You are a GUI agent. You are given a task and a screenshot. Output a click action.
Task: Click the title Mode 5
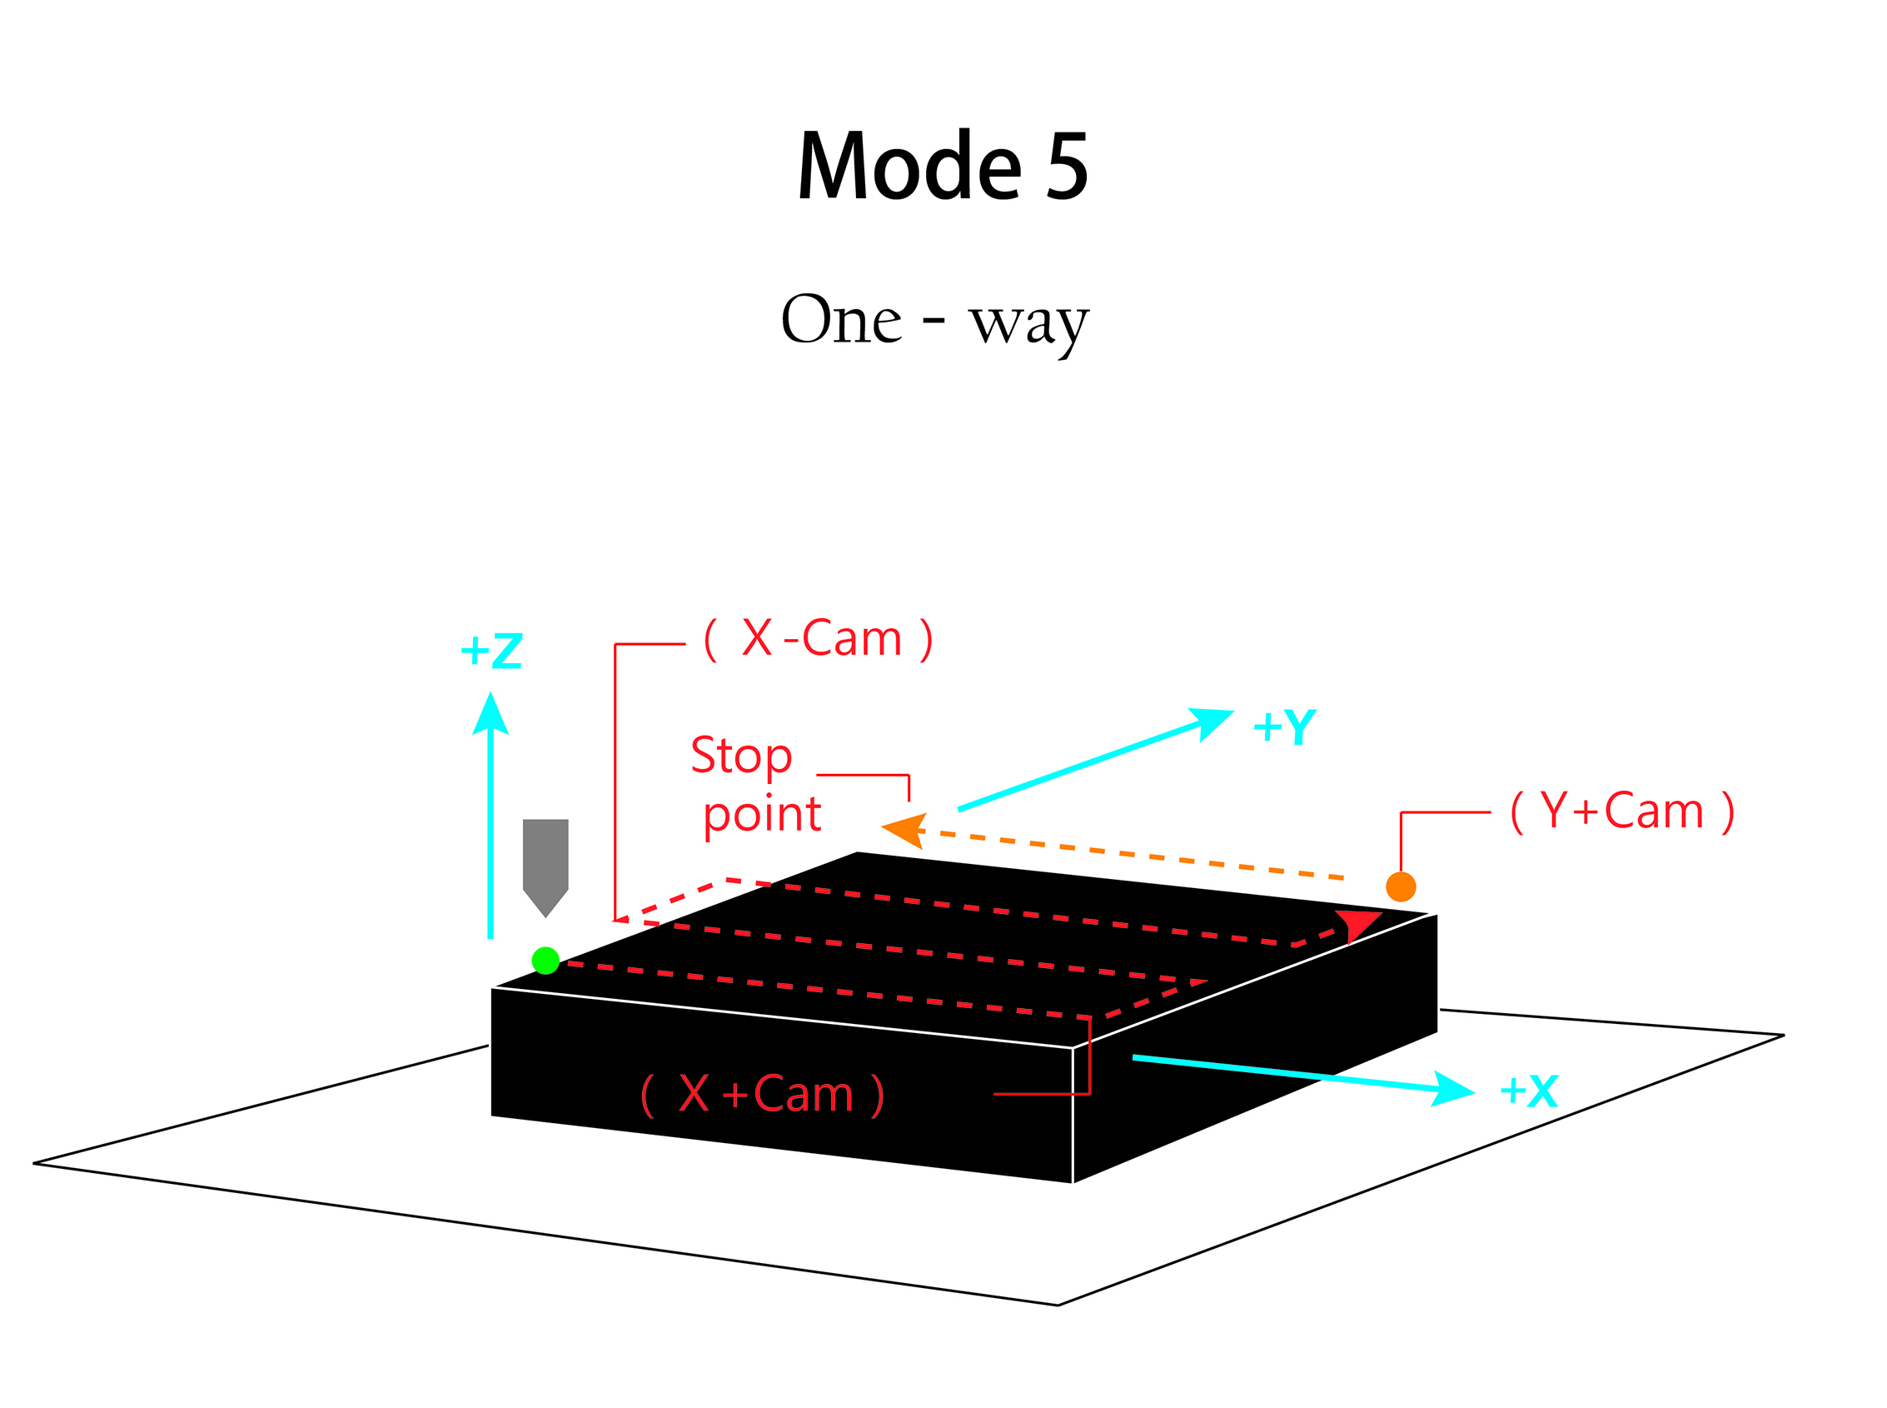coord(942,165)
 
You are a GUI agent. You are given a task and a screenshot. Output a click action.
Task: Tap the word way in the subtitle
coord(1028,324)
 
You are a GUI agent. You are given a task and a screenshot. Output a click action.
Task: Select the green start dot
coord(545,961)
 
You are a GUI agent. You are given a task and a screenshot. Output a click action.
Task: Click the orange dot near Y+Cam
coord(1401,886)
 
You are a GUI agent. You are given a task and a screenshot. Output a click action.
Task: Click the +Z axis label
coord(491,652)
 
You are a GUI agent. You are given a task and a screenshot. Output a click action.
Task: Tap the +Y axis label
coord(1285,727)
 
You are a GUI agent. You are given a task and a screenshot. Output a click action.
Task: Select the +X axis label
coord(1529,1091)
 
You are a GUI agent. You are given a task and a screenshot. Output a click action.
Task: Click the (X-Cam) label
coord(819,638)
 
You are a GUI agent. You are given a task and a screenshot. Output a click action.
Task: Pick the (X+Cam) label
coord(763,1095)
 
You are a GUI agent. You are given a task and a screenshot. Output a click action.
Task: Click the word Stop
coord(741,756)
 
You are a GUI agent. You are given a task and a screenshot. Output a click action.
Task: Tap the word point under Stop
coord(762,815)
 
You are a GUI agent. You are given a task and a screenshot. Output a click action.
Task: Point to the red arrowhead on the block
coord(1358,923)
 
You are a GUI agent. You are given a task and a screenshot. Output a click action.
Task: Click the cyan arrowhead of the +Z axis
coord(490,714)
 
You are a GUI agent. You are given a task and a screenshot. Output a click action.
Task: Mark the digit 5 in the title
coord(1067,165)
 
